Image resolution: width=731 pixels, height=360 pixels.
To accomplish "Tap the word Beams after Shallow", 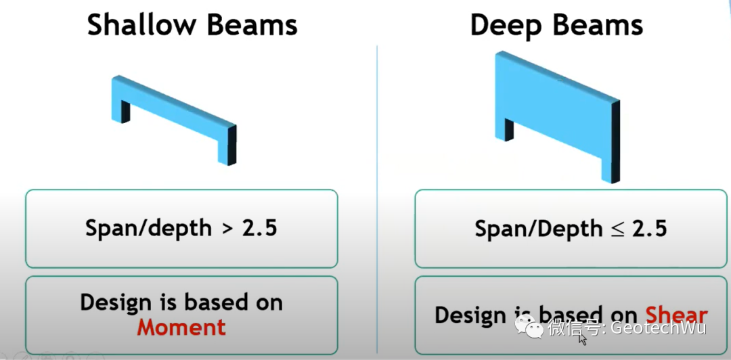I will tap(250, 25).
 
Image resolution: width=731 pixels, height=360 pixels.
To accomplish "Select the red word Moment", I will tap(181, 328).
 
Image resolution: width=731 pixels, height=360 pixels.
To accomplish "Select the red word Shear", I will tap(676, 315).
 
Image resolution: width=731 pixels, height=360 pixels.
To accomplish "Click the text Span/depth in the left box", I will tap(148, 228).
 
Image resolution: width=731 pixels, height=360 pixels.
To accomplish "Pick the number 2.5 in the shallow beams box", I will tap(260, 228).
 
